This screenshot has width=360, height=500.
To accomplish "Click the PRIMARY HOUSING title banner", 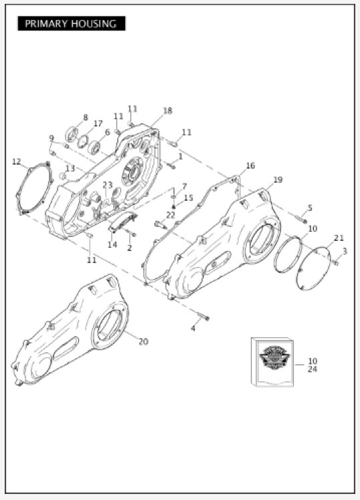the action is (x=72, y=23).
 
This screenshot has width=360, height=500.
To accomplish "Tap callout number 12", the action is (x=17, y=162).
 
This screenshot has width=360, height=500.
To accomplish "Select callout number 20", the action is (x=143, y=341).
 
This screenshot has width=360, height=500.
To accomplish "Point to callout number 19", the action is (x=278, y=179).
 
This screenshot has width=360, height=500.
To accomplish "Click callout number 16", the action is (x=251, y=165).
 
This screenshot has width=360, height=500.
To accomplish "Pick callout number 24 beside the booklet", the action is (x=312, y=369).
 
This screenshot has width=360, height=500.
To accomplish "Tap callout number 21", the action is (x=339, y=238).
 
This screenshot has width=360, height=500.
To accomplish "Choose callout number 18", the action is (x=168, y=110).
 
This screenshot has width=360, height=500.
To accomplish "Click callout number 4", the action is (x=193, y=329).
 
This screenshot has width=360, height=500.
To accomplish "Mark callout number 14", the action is (x=112, y=244).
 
